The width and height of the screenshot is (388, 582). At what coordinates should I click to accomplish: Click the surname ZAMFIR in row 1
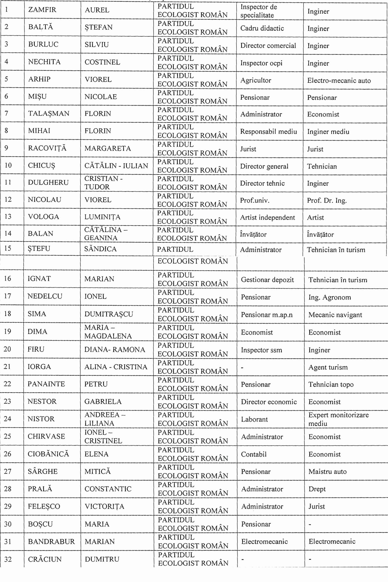[x=42, y=10]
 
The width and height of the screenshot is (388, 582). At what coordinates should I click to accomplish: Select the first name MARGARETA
[x=107, y=148]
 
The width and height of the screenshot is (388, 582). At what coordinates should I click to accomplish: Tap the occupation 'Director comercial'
[x=268, y=46]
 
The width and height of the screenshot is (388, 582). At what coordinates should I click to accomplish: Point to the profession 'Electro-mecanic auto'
[x=339, y=81]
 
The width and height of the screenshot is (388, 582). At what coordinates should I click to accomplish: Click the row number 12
[x=8, y=200]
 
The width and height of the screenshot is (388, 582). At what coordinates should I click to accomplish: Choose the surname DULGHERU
[x=48, y=182]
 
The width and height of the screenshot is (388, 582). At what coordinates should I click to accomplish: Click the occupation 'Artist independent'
[x=267, y=217]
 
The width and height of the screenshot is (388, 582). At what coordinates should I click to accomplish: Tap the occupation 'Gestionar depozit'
[x=267, y=280]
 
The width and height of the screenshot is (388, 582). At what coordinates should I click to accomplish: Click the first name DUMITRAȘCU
[x=109, y=314]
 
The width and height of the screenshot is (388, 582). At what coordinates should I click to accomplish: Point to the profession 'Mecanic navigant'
[x=335, y=315]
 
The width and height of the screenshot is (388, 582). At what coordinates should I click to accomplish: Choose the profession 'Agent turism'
[x=328, y=367]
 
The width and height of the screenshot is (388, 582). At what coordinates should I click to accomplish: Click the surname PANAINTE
[x=46, y=384]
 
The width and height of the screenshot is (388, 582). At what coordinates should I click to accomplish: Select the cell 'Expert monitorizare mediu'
[x=338, y=419]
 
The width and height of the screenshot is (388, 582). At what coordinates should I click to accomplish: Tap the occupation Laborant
[x=254, y=419]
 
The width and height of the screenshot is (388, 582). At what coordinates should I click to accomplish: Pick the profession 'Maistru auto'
[x=327, y=472]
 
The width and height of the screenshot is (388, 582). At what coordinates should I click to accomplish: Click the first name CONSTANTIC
[x=108, y=489]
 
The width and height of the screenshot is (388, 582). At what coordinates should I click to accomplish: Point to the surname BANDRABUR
[x=51, y=542]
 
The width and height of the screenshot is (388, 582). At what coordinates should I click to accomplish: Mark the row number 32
[x=8, y=559]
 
